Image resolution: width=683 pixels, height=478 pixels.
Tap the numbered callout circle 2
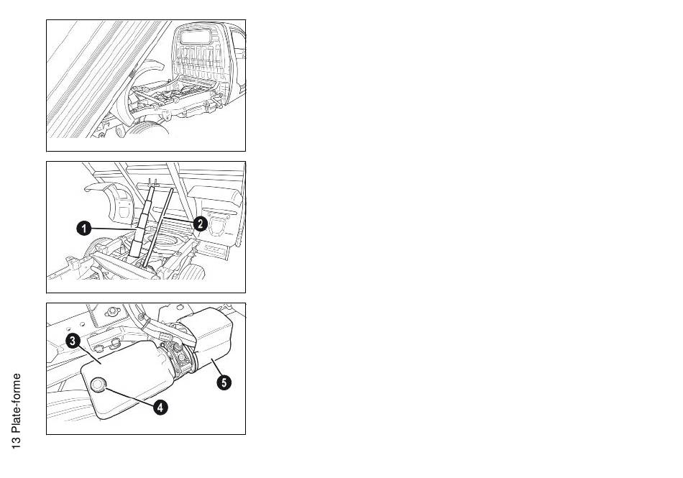(201, 224)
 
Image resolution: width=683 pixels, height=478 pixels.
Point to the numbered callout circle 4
(161, 407)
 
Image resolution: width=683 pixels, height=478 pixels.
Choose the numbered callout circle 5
(224, 383)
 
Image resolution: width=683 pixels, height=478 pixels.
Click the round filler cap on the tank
(98, 386)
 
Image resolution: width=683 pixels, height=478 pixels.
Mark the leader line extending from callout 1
(111, 229)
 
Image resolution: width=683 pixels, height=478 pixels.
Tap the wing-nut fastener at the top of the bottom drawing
(110, 313)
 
